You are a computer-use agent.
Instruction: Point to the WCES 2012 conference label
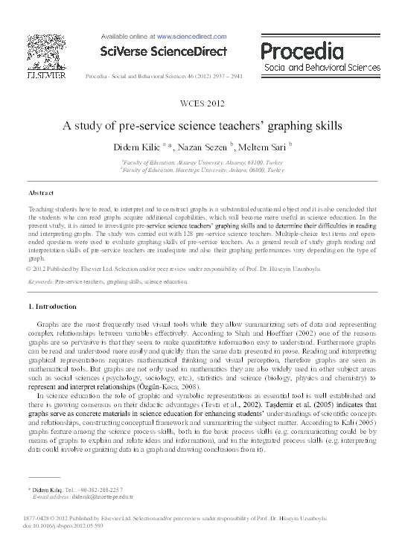click(x=202, y=103)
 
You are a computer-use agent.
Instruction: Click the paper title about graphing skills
click(x=202, y=125)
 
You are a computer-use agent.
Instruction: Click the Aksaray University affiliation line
click(x=202, y=162)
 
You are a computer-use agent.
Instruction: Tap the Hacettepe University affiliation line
click(x=202, y=170)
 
